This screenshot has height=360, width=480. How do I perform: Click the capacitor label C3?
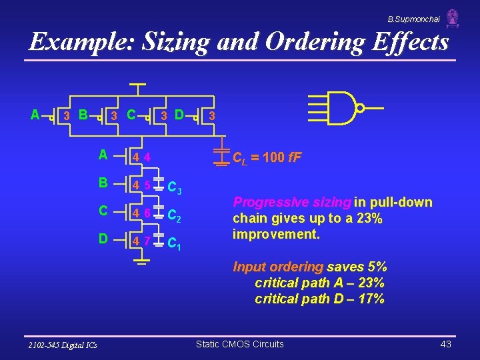tap(175, 189)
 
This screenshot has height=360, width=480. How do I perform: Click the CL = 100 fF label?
tap(266, 158)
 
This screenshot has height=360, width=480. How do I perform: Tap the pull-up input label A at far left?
tap(35, 115)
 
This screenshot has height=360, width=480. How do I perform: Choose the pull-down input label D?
tap(103, 237)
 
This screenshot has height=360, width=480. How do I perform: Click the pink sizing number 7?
tap(146, 239)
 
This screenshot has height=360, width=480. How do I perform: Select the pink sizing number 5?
tap(146, 185)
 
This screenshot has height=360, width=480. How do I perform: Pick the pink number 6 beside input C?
tap(146, 213)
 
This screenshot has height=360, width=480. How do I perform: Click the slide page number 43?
tap(446, 344)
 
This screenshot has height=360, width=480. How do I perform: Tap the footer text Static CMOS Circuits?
tap(239, 344)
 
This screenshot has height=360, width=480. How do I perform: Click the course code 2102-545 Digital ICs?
tap(63, 345)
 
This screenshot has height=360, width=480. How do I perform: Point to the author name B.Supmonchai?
tap(414, 19)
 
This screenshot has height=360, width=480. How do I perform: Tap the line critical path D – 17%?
tap(319, 299)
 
